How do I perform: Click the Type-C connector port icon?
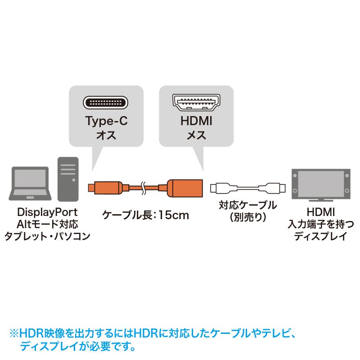[x=106, y=103]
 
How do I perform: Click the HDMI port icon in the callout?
[x=196, y=103]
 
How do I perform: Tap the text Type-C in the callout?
[x=106, y=121]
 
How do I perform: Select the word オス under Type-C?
[x=106, y=135]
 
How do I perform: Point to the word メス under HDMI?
[x=196, y=135]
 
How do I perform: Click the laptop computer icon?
[x=30, y=184]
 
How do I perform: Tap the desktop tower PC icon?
[x=68, y=179]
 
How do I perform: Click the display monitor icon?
[x=321, y=185]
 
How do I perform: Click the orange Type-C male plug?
[x=105, y=188]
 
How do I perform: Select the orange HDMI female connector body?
[x=185, y=188]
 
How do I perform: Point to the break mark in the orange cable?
[x=143, y=188]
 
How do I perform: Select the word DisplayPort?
[x=47, y=212]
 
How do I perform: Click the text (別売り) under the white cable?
[x=248, y=217]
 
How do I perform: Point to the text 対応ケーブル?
[x=248, y=205]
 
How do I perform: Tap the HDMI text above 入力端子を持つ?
[x=321, y=212]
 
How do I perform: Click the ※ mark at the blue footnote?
[x=14, y=333]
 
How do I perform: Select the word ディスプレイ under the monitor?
[x=321, y=236]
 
